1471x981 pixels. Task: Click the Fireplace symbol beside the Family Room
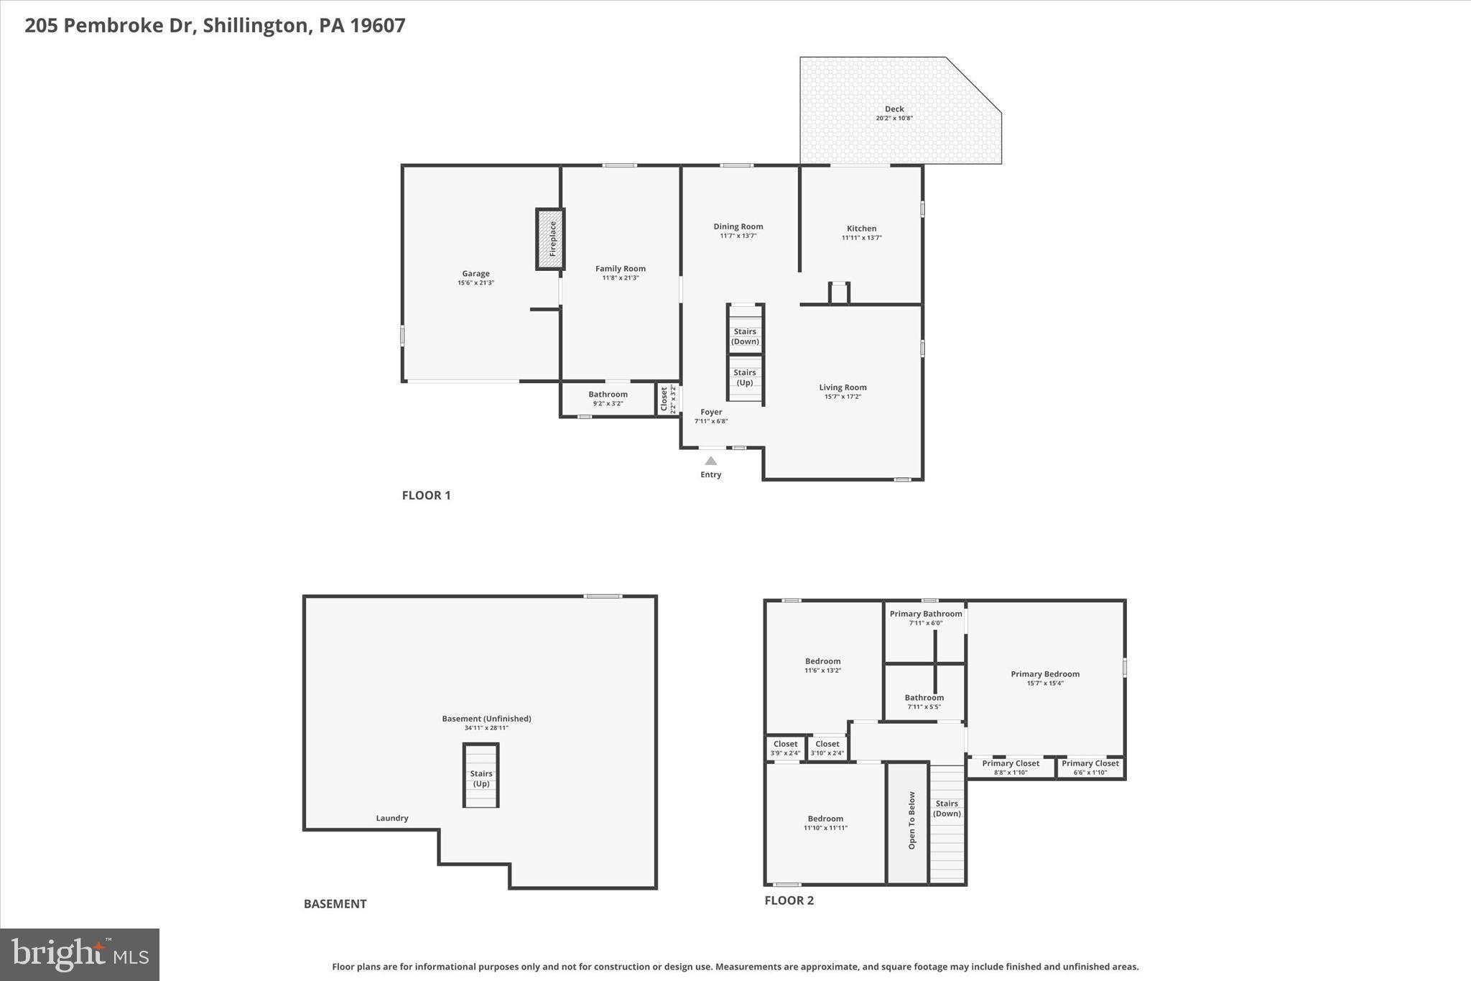[550, 239]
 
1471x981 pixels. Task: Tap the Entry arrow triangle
[710, 461]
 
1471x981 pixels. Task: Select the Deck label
[894, 109]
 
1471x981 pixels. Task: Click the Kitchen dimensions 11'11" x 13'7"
[861, 238]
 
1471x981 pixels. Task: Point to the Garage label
[475, 274]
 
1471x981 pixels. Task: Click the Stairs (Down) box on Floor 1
[745, 336]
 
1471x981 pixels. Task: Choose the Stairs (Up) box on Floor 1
[745, 377]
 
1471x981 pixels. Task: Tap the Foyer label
[711, 413]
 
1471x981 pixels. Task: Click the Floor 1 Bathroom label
[608, 395]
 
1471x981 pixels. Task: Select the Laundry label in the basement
[392, 818]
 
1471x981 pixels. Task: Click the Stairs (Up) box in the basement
[481, 776]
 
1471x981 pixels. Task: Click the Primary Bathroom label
[925, 614]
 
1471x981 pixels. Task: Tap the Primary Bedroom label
[1044, 674]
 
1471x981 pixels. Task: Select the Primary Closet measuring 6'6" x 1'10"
[1090, 768]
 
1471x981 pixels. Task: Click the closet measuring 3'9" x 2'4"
[785, 748]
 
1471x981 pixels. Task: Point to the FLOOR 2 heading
[789, 901]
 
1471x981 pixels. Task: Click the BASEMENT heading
[335, 904]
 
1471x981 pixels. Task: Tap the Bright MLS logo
[80, 954]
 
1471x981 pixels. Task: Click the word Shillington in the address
[255, 26]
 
